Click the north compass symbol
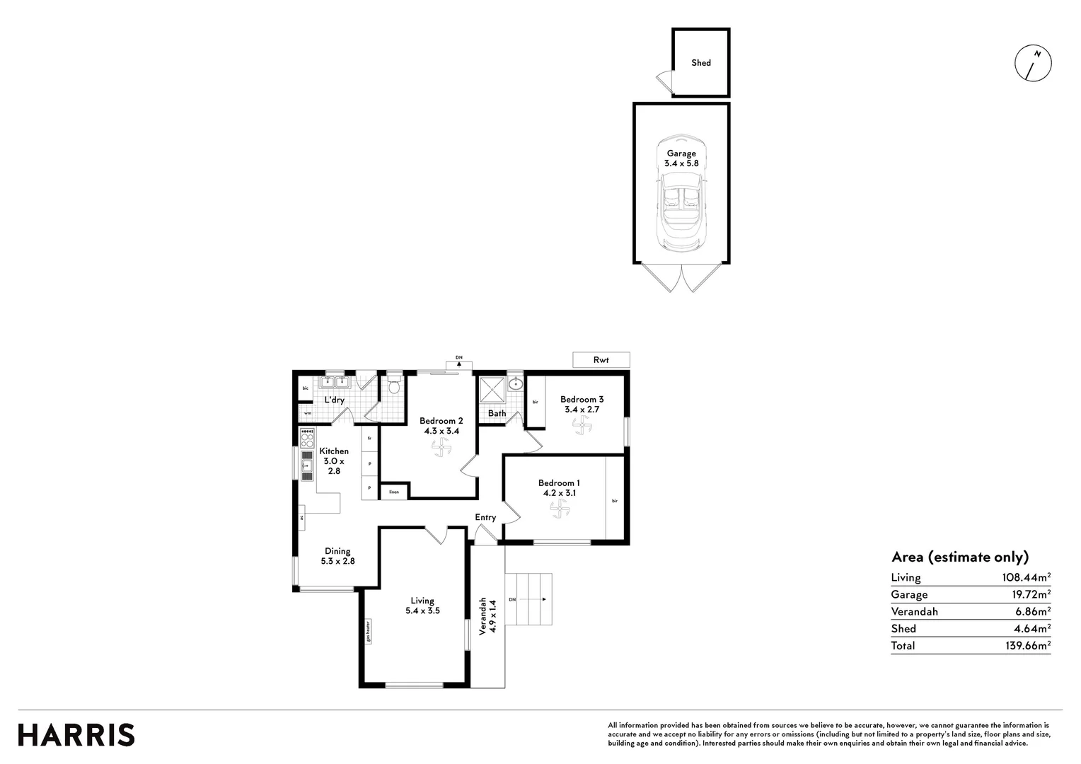point(1033,63)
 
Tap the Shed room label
point(700,63)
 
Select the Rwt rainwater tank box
point(601,360)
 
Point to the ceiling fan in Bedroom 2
point(441,447)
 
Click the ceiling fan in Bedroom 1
point(560,508)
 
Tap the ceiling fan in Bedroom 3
point(581,424)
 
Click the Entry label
point(485,517)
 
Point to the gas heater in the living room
point(368,631)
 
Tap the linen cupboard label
point(393,492)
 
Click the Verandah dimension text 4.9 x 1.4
point(494,616)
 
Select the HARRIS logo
point(76,735)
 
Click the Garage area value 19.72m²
point(1026,594)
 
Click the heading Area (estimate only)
point(959,557)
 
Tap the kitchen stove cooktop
point(307,438)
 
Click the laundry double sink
point(335,383)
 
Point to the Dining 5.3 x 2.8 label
point(337,556)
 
